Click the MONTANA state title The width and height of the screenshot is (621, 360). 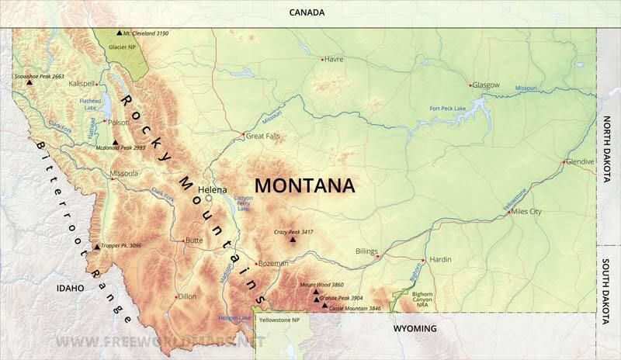click(305, 186)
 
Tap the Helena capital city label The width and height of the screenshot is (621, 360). click(213, 189)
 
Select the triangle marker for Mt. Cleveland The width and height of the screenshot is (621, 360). click(119, 33)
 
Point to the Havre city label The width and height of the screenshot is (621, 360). click(334, 59)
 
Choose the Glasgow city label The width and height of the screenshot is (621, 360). click(486, 85)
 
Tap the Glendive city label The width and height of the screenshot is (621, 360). click(580, 161)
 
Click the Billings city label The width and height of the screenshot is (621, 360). click(366, 251)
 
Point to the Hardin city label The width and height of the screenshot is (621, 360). click(440, 260)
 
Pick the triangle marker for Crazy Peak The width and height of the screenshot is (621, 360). click(293, 240)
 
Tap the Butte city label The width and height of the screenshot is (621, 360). click(194, 241)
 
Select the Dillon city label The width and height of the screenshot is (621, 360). click(187, 296)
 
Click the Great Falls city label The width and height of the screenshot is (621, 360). click(262, 136)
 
